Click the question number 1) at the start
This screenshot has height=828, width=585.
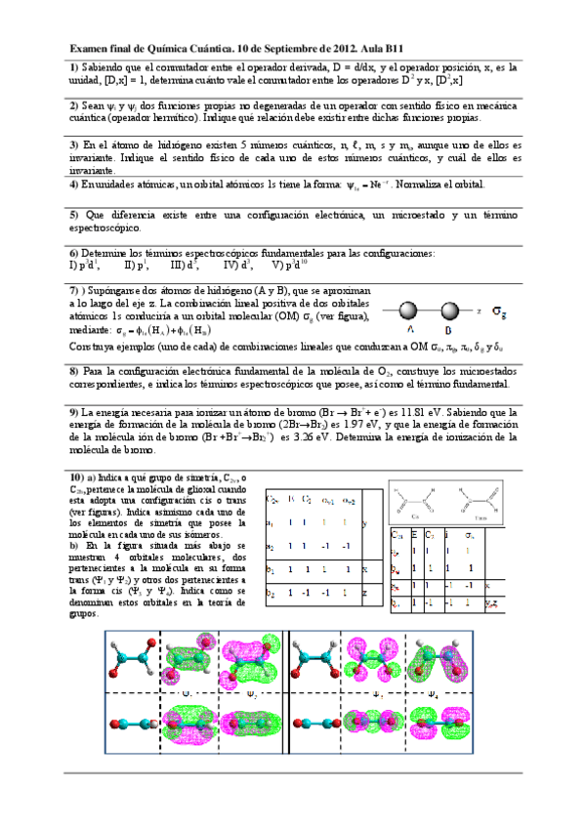point(74,66)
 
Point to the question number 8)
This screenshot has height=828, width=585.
point(74,371)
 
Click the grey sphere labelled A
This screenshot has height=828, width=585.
point(409,311)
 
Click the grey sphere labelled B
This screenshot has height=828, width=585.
point(449,311)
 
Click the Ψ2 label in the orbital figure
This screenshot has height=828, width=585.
point(252,695)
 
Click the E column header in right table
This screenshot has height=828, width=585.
point(415,535)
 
